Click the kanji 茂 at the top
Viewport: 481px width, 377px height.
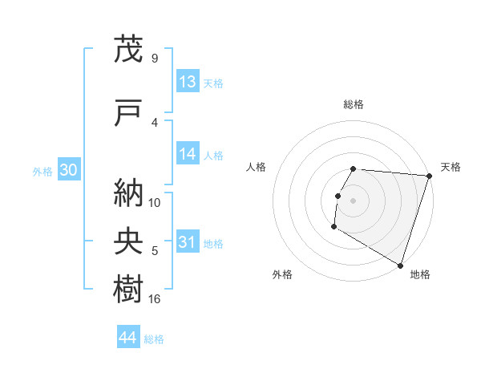[x=128, y=49]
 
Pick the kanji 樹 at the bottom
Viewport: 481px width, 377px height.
[x=128, y=288]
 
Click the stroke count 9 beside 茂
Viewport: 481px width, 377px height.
[x=155, y=58]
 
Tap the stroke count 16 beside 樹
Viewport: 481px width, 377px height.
[x=156, y=299]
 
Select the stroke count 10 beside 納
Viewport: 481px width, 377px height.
[x=156, y=202]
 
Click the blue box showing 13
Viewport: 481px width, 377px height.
[x=188, y=82]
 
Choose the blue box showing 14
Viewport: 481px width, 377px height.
[x=188, y=155]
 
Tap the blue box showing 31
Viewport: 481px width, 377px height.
[x=188, y=242]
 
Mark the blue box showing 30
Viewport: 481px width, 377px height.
[x=68, y=170]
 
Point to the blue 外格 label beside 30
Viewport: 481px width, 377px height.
[x=42, y=171]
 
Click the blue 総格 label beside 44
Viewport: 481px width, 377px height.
[x=154, y=339]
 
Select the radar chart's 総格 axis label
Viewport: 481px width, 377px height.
[x=354, y=104]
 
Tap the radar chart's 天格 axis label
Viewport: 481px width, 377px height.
[x=451, y=167]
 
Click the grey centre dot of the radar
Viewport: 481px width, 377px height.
[x=354, y=201]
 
